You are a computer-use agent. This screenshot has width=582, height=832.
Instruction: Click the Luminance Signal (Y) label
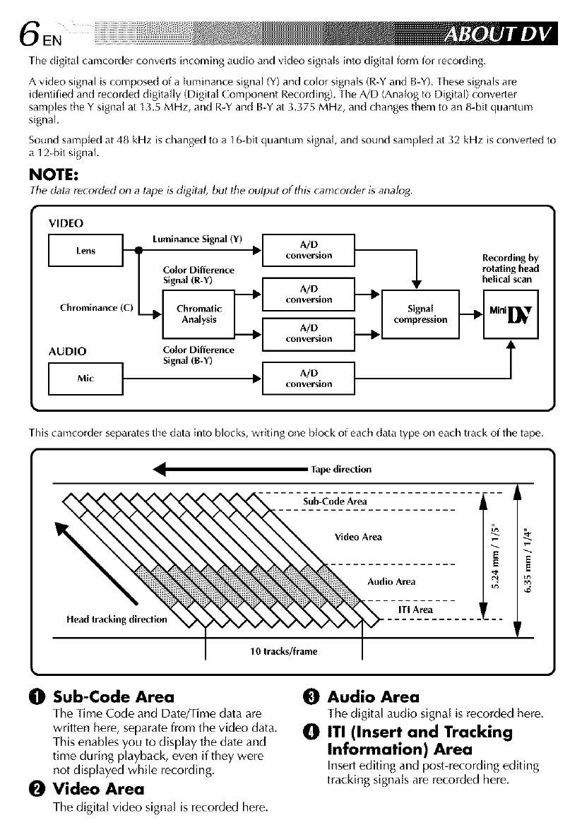(197, 242)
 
